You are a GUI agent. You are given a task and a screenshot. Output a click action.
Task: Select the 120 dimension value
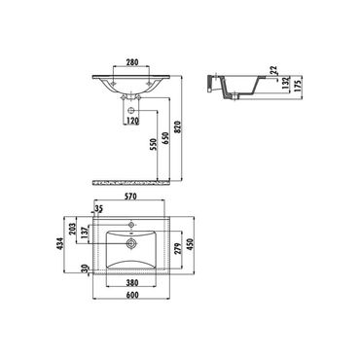point(132,121)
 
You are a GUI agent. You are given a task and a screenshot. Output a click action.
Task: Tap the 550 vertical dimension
point(154,144)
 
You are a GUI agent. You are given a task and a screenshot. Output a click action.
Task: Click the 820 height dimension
point(178,127)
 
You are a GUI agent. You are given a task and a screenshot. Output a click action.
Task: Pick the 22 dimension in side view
point(273,70)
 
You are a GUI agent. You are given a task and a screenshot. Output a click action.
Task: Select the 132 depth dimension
point(285,84)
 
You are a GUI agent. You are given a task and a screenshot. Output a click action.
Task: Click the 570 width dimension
point(131,197)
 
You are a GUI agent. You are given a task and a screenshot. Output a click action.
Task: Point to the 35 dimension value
point(99,209)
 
